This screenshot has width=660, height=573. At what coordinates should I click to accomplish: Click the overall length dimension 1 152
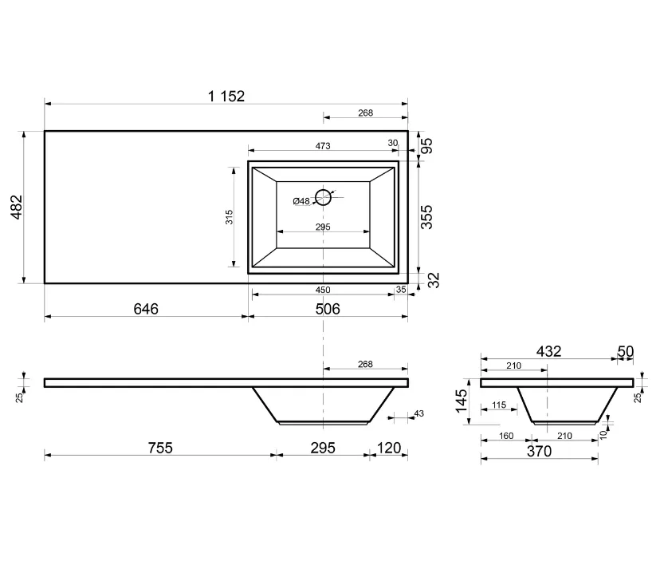(226, 97)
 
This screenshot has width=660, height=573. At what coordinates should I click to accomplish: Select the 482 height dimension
(17, 207)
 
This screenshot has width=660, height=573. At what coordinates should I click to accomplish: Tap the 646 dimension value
(146, 309)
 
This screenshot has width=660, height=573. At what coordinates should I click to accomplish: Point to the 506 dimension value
(328, 309)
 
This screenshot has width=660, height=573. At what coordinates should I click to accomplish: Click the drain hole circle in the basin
(324, 197)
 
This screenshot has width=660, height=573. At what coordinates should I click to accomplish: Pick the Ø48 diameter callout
(301, 201)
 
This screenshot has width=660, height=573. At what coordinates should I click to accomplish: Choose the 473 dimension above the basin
(323, 146)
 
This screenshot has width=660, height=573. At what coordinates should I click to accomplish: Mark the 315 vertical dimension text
(229, 217)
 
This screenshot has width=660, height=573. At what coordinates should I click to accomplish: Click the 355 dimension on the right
(426, 217)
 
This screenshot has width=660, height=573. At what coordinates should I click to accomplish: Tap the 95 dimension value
(426, 146)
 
